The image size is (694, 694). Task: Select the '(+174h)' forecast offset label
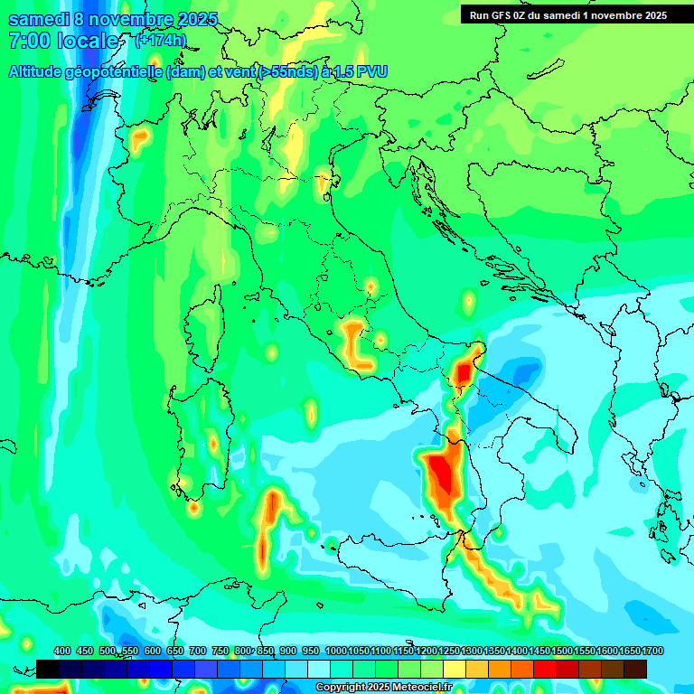tap(160, 41)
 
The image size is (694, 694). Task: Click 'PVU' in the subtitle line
tap(369, 71)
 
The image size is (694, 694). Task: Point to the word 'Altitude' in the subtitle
tap(42, 71)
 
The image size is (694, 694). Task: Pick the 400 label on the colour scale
tap(62, 652)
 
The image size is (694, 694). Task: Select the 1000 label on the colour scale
tap(335, 652)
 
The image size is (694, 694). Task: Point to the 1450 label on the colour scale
tap(540, 652)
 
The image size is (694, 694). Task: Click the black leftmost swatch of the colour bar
tap(48, 669)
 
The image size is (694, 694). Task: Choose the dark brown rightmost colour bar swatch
tap(635, 669)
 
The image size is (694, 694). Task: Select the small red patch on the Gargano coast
tap(464, 372)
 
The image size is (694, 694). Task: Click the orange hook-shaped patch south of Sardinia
tap(271, 520)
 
